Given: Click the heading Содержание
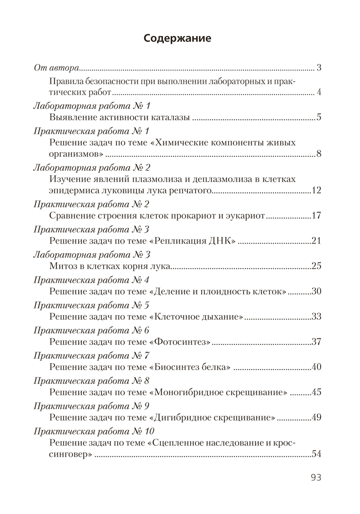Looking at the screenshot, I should pyautogui.click(x=178, y=38).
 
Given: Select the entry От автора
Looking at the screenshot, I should pyautogui.click(x=56, y=68).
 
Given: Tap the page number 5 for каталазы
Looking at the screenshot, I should pyautogui.click(x=319, y=118).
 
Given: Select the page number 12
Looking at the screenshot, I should pyautogui.click(x=316, y=191).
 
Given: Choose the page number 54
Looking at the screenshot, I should pyautogui.click(x=316, y=454).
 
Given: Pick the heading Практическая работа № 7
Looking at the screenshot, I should pyautogui.click(x=92, y=355).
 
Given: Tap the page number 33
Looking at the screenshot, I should pyautogui.click(x=316, y=316).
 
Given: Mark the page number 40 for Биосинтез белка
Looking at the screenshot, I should pyautogui.click(x=316, y=366).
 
